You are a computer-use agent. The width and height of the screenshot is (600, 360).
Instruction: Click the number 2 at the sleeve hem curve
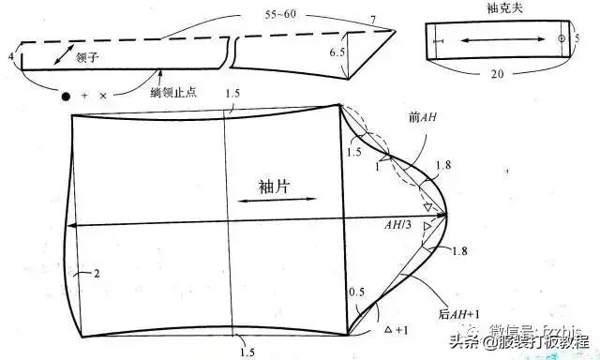pos(95,274)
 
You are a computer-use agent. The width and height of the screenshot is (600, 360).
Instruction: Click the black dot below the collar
pos(65,97)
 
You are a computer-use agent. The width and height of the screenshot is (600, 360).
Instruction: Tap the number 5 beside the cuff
pos(577,38)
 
